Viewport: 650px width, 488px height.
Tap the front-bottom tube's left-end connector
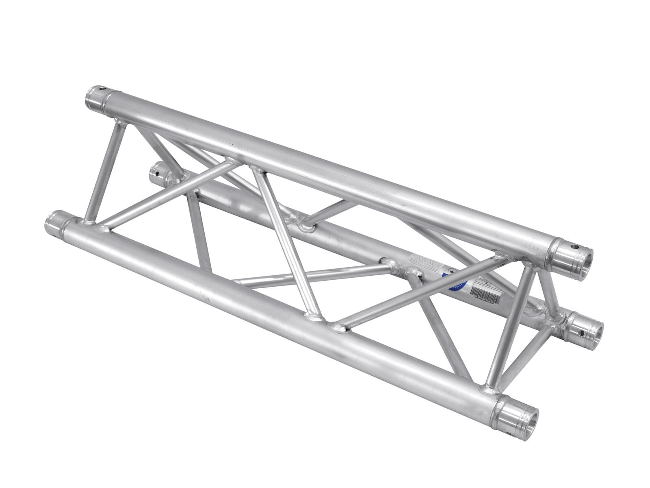(55, 226)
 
